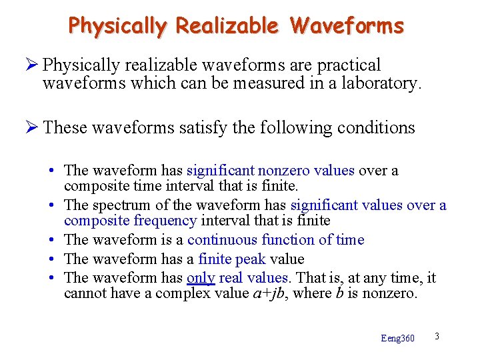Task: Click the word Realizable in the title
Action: [x=227, y=26]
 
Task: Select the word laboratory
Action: [x=378, y=83]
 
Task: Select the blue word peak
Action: [x=251, y=259]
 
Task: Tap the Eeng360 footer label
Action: [x=397, y=339]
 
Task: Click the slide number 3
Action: [x=436, y=335]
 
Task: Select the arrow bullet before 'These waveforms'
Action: [x=33, y=127]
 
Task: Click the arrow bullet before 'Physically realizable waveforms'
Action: [x=33, y=65]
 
